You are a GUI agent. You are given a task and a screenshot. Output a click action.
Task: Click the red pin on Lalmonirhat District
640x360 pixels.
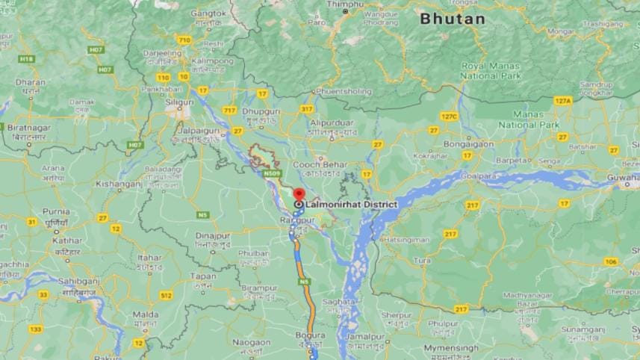click(x=299, y=193)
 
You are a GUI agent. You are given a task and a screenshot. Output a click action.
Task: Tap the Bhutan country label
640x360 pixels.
click(x=452, y=19)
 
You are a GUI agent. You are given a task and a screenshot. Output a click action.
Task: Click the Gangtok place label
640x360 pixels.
click(x=208, y=13)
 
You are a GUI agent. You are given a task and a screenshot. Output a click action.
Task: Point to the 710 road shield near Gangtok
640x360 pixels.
click(x=184, y=40)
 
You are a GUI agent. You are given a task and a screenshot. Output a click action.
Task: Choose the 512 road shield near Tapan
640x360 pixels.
click(x=166, y=296)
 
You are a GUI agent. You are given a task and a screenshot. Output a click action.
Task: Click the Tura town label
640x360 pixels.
click(x=423, y=261)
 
